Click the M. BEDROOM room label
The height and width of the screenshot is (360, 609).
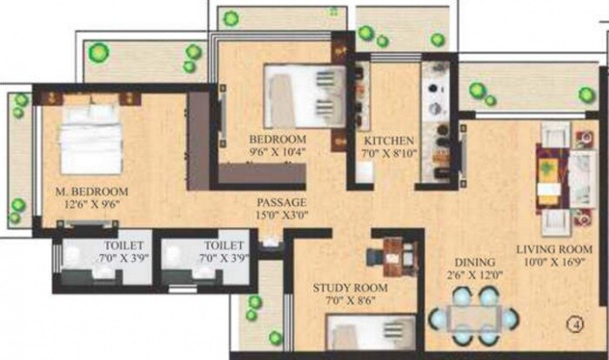[x=90, y=191]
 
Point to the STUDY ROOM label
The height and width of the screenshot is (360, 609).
[x=351, y=289]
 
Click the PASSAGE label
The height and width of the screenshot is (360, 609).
[x=281, y=202]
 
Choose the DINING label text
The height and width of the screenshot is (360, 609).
[x=474, y=262]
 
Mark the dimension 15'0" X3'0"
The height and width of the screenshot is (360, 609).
[x=281, y=216]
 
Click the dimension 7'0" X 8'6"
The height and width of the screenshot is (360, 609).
[x=351, y=303]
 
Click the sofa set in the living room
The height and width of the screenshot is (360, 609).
[x=553, y=178]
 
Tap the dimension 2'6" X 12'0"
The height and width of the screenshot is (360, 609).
[x=474, y=276]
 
